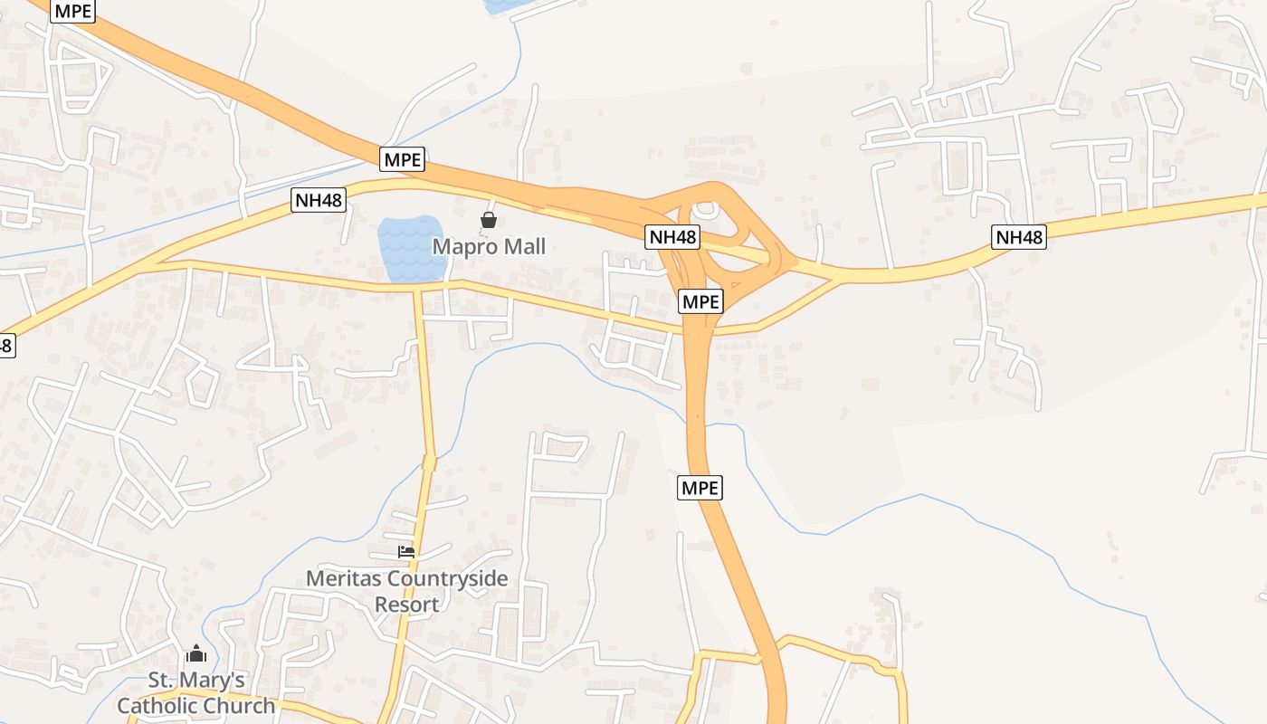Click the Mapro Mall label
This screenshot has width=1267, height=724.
(x=489, y=246)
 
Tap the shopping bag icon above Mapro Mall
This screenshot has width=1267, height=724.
(x=489, y=220)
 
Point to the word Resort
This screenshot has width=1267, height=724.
(x=407, y=604)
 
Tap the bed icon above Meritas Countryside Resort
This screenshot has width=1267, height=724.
(x=406, y=551)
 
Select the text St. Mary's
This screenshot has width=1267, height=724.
(x=196, y=681)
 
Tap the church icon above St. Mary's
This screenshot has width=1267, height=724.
(x=196, y=653)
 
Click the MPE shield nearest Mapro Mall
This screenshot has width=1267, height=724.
(x=403, y=159)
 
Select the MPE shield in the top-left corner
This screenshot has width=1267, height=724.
(x=72, y=11)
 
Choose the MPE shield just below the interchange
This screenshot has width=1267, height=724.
(x=700, y=301)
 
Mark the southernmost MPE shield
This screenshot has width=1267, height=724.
(x=700, y=488)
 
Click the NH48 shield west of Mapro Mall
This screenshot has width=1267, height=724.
(x=319, y=200)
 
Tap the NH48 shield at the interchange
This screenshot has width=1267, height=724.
(x=673, y=237)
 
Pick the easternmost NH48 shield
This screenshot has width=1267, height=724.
(x=1019, y=237)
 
